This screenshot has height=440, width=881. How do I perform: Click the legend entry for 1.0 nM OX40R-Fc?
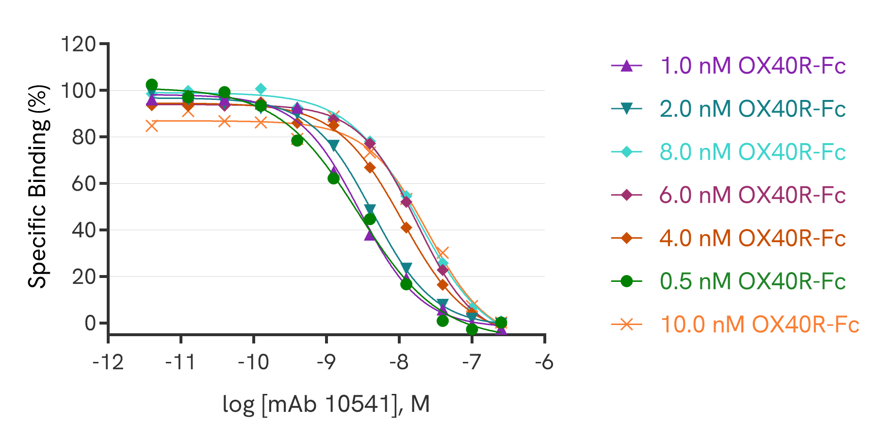click(x=752, y=65)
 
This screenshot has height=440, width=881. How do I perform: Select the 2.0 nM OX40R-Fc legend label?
click(x=752, y=109)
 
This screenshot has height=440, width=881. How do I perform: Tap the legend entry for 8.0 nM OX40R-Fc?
click(x=752, y=152)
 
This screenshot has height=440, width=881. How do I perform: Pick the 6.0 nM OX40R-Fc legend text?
click(x=752, y=195)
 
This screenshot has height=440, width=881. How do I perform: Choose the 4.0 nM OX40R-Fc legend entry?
click(x=752, y=238)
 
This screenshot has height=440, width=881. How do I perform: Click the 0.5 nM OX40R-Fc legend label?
click(x=752, y=281)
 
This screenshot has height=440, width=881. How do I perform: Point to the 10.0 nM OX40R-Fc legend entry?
click(x=759, y=325)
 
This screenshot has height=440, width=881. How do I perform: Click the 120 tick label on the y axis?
click(x=78, y=44)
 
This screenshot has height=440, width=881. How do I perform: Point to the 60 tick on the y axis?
click(x=83, y=184)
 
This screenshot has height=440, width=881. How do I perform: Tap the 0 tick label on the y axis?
click(x=90, y=323)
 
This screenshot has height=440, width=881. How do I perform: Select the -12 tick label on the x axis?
click(x=108, y=362)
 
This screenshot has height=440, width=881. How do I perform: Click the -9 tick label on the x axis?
click(x=326, y=362)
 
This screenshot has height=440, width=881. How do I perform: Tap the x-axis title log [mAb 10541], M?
click(x=326, y=404)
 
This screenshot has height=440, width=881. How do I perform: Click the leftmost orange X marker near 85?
click(x=152, y=126)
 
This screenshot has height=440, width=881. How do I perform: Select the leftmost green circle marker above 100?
click(x=152, y=84)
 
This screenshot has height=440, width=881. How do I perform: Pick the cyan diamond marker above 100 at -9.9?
click(x=261, y=89)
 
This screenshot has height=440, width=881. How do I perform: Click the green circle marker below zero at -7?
click(x=472, y=329)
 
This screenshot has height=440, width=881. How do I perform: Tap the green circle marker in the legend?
click(x=627, y=281)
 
